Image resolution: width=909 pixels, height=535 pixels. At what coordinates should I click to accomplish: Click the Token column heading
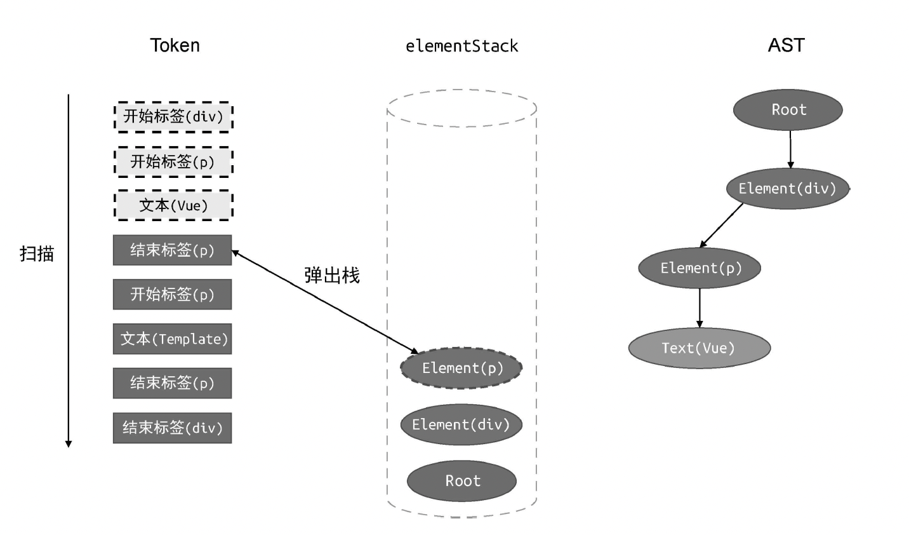175,46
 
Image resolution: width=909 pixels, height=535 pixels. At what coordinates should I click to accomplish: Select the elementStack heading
461,46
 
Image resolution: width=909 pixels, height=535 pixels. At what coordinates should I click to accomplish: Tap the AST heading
786,45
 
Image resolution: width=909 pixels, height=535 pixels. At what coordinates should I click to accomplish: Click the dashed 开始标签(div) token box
173,117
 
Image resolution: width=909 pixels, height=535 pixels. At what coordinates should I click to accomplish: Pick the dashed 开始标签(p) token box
173,162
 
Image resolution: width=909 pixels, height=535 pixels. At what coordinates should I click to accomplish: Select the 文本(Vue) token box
173,206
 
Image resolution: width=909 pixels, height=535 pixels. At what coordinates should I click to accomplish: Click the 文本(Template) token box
173,339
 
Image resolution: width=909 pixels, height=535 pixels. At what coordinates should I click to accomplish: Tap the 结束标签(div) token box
173,428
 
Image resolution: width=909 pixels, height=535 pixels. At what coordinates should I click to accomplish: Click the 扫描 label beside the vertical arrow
37,254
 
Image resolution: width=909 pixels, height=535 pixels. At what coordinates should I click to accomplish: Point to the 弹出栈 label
332,275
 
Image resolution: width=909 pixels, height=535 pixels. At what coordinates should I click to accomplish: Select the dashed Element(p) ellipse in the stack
461,368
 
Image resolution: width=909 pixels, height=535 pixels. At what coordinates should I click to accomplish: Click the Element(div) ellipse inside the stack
461,424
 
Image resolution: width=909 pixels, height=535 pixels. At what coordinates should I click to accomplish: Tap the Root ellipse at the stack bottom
461,481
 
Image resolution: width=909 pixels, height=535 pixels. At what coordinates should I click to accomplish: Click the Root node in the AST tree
788,110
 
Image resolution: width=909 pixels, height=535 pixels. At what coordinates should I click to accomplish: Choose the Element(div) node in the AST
787,189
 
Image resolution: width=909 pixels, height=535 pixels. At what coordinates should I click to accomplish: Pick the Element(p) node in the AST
700,268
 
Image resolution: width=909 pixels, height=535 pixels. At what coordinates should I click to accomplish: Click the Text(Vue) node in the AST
699,348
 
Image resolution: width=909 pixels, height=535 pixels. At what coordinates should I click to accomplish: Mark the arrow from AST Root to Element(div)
790,149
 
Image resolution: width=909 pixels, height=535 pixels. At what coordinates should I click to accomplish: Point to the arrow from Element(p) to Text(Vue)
700,308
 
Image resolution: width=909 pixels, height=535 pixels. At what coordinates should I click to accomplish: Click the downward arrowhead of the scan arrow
69,444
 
